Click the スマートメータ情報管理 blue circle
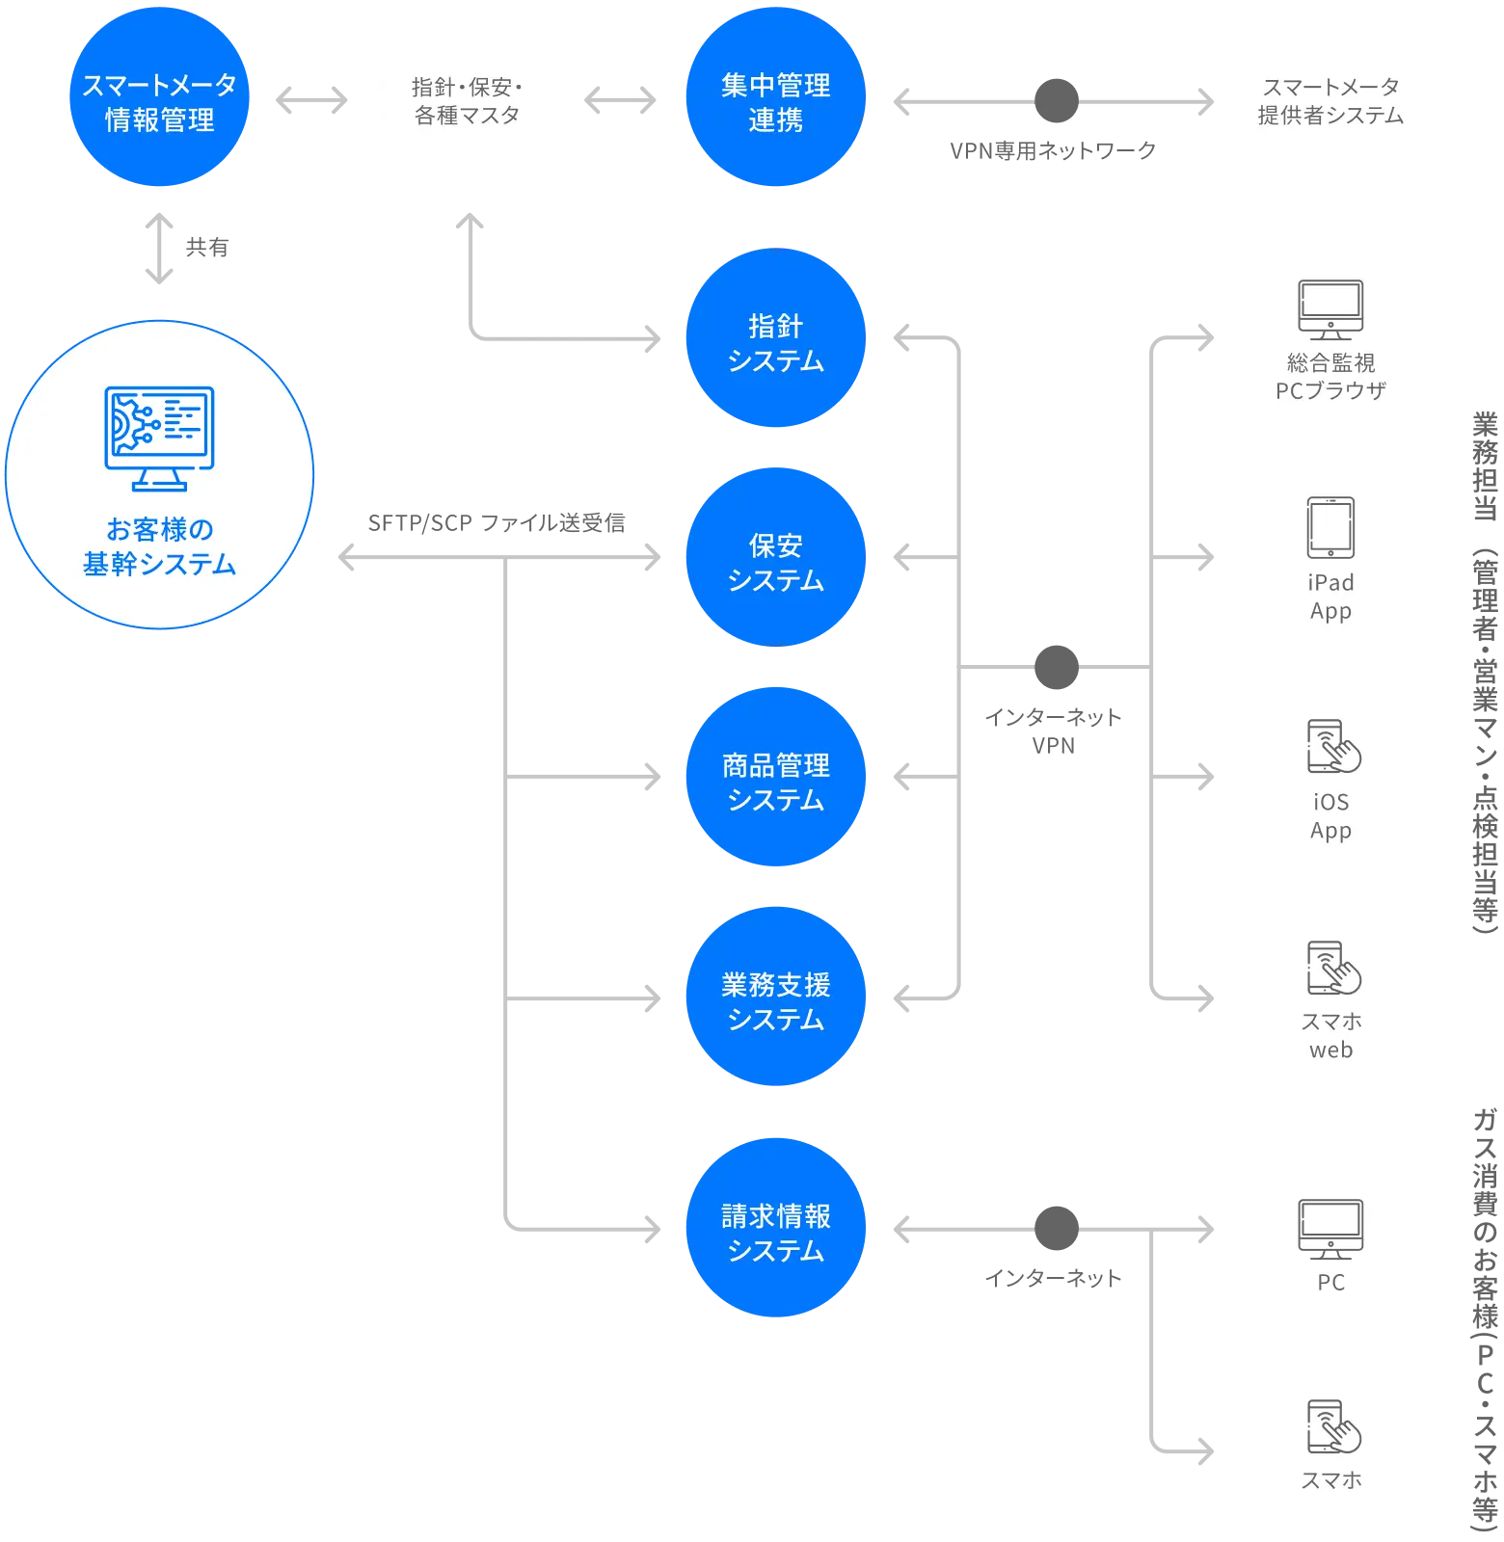(160, 97)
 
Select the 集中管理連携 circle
(776, 97)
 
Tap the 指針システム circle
(776, 338)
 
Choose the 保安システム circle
(776, 558)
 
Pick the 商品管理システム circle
(776, 777)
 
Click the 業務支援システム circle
(776, 997)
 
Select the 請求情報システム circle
(776, 1228)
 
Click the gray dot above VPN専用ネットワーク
(1057, 100)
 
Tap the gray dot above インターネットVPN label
(1057, 667)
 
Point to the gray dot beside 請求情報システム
(1057, 1228)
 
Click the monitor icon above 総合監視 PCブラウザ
(1330, 309)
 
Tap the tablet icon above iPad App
(1330, 528)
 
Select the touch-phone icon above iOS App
(1333, 747)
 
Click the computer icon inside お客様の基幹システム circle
(160, 439)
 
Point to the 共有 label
(207, 248)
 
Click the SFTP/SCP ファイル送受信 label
(497, 523)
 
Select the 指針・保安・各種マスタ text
(468, 101)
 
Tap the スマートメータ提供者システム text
(1330, 101)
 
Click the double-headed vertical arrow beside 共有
(159, 249)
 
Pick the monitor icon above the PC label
(1330, 1229)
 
